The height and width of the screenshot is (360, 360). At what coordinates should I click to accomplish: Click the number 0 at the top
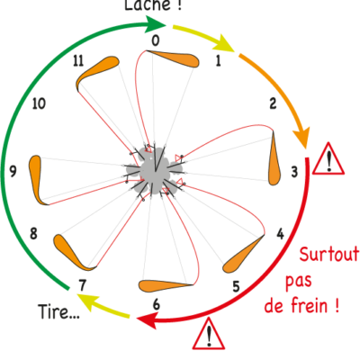click(155, 40)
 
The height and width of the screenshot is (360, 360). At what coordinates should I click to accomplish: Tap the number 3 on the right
click(294, 172)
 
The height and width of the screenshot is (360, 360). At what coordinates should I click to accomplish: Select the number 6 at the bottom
click(156, 304)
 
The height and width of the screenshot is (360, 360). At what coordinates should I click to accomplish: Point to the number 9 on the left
click(13, 172)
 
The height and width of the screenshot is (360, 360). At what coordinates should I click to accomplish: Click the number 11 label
click(78, 61)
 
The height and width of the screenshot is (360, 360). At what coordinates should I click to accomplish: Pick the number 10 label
click(39, 103)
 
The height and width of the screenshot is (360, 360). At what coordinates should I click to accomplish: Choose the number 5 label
click(237, 287)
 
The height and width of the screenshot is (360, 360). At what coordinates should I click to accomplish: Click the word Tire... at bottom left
click(58, 311)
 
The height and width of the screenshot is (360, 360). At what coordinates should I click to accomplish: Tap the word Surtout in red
click(329, 254)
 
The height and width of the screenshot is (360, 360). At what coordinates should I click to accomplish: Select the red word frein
click(310, 305)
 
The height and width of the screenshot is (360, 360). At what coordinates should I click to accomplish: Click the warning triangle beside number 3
click(328, 158)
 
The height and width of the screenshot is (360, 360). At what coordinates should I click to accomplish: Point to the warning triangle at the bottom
click(209, 334)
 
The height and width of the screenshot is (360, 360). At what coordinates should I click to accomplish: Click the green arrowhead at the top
click(156, 24)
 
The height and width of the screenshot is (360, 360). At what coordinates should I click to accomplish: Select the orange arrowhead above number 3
click(301, 138)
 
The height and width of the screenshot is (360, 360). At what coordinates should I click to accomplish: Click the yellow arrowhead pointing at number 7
click(86, 301)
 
